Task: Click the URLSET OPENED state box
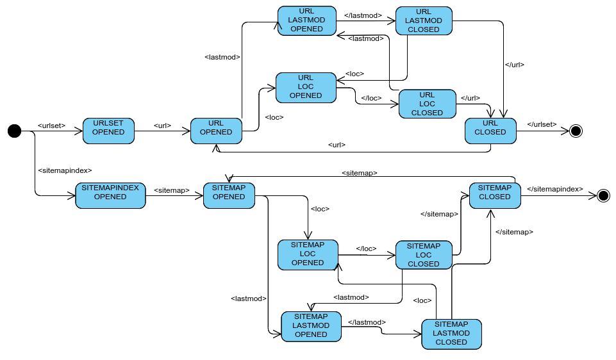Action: [x=108, y=131]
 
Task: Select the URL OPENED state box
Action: [x=215, y=131]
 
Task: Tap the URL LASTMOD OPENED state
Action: [x=307, y=21]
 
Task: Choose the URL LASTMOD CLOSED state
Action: [x=423, y=21]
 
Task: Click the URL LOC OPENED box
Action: [x=306, y=87]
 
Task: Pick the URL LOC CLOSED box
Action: [x=426, y=104]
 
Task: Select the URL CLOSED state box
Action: [x=490, y=132]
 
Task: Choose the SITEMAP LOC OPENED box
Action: [x=308, y=254]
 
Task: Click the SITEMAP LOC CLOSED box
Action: [x=423, y=255]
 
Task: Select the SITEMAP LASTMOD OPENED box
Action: [x=311, y=325]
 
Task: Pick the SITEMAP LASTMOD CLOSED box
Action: [x=451, y=333]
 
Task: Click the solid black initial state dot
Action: [x=14, y=131]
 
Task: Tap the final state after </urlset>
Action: [x=575, y=131]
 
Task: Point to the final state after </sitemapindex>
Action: [x=603, y=196]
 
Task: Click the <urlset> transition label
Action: [x=52, y=125]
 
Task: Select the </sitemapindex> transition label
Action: [x=554, y=190]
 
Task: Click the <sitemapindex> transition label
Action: [x=65, y=170]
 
